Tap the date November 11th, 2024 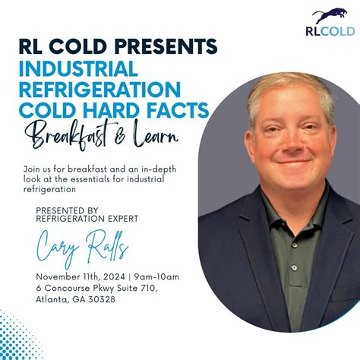pyautogui.click(x=76, y=276)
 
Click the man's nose pyautogui.click(x=280, y=144)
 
